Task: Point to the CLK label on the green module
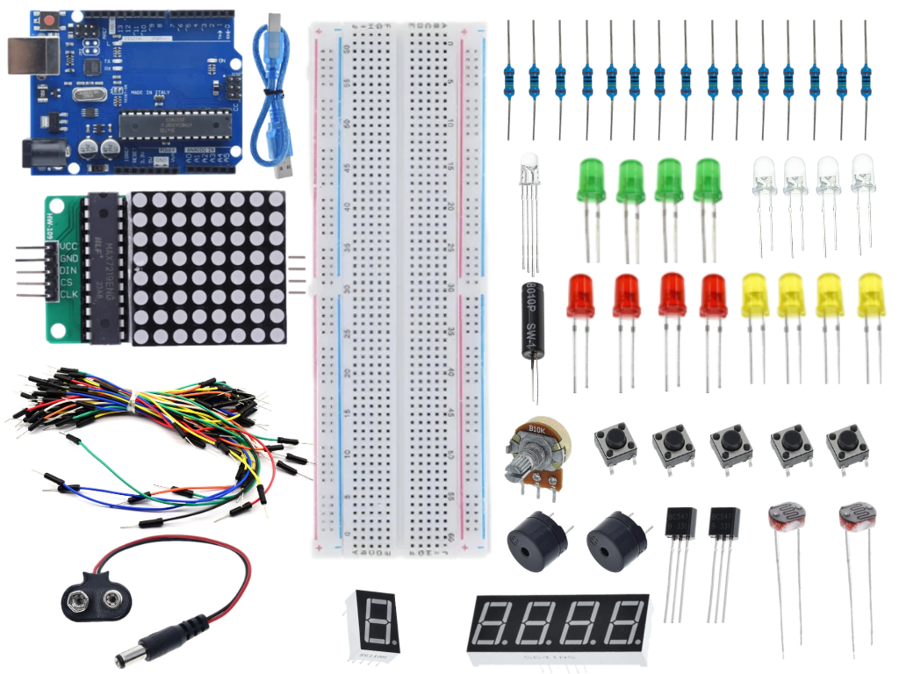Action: point(69,294)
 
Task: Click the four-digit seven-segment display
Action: point(558,626)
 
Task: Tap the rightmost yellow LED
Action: point(871,296)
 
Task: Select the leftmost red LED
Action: point(580,296)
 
